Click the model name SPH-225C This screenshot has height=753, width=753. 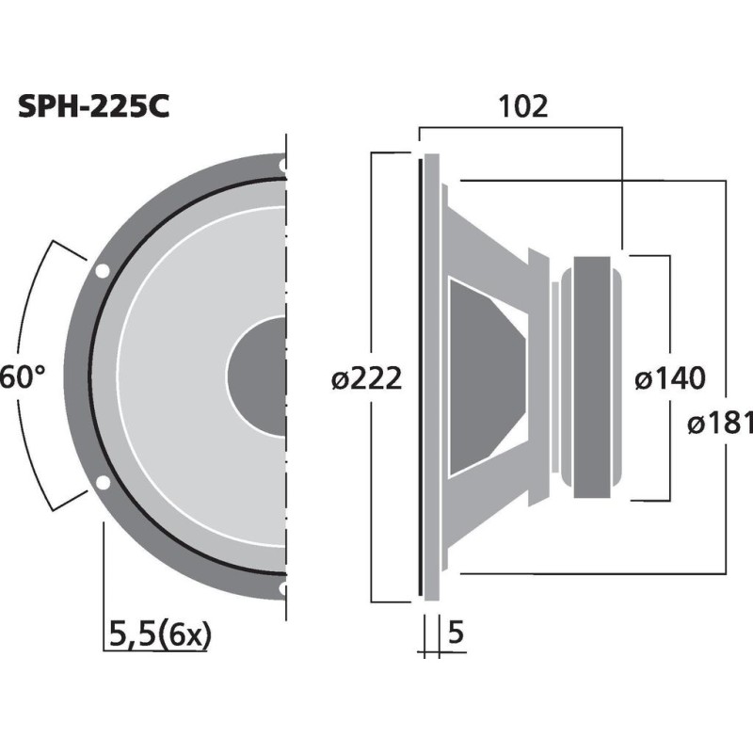(93, 107)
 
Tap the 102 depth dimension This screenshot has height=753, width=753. (524, 106)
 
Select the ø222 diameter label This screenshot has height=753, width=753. (366, 378)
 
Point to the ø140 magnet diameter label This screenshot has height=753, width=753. (669, 378)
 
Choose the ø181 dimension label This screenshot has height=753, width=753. (720, 423)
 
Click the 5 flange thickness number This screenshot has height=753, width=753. (457, 633)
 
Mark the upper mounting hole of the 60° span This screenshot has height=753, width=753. (102, 271)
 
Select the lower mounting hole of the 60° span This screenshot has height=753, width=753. (102, 484)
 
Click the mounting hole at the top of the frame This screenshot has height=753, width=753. (283, 165)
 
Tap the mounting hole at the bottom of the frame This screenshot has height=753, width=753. (283, 590)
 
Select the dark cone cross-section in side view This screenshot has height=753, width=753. (485, 376)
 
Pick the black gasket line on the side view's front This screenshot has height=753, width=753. (419, 376)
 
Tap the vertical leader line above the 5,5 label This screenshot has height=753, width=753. (102, 574)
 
